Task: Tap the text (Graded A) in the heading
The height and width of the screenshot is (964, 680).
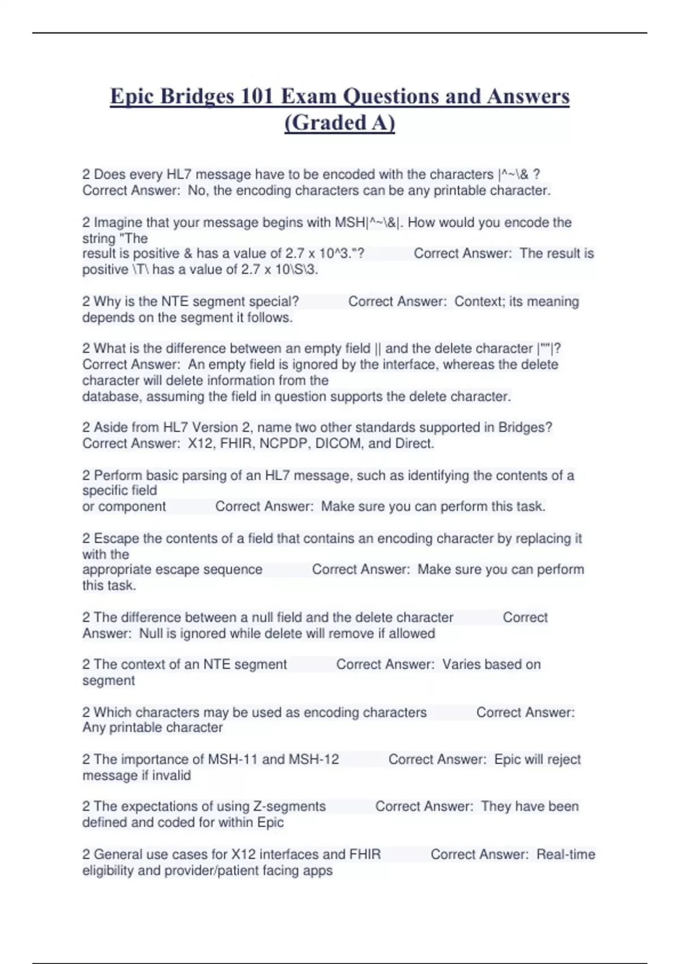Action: tap(339, 122)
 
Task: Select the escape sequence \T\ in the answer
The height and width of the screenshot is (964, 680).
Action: tap(140, 269)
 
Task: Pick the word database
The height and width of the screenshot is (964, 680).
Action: tap(110, 396)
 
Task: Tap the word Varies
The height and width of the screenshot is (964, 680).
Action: tap(461, 664)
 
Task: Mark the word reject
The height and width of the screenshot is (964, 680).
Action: tap(564, 759)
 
